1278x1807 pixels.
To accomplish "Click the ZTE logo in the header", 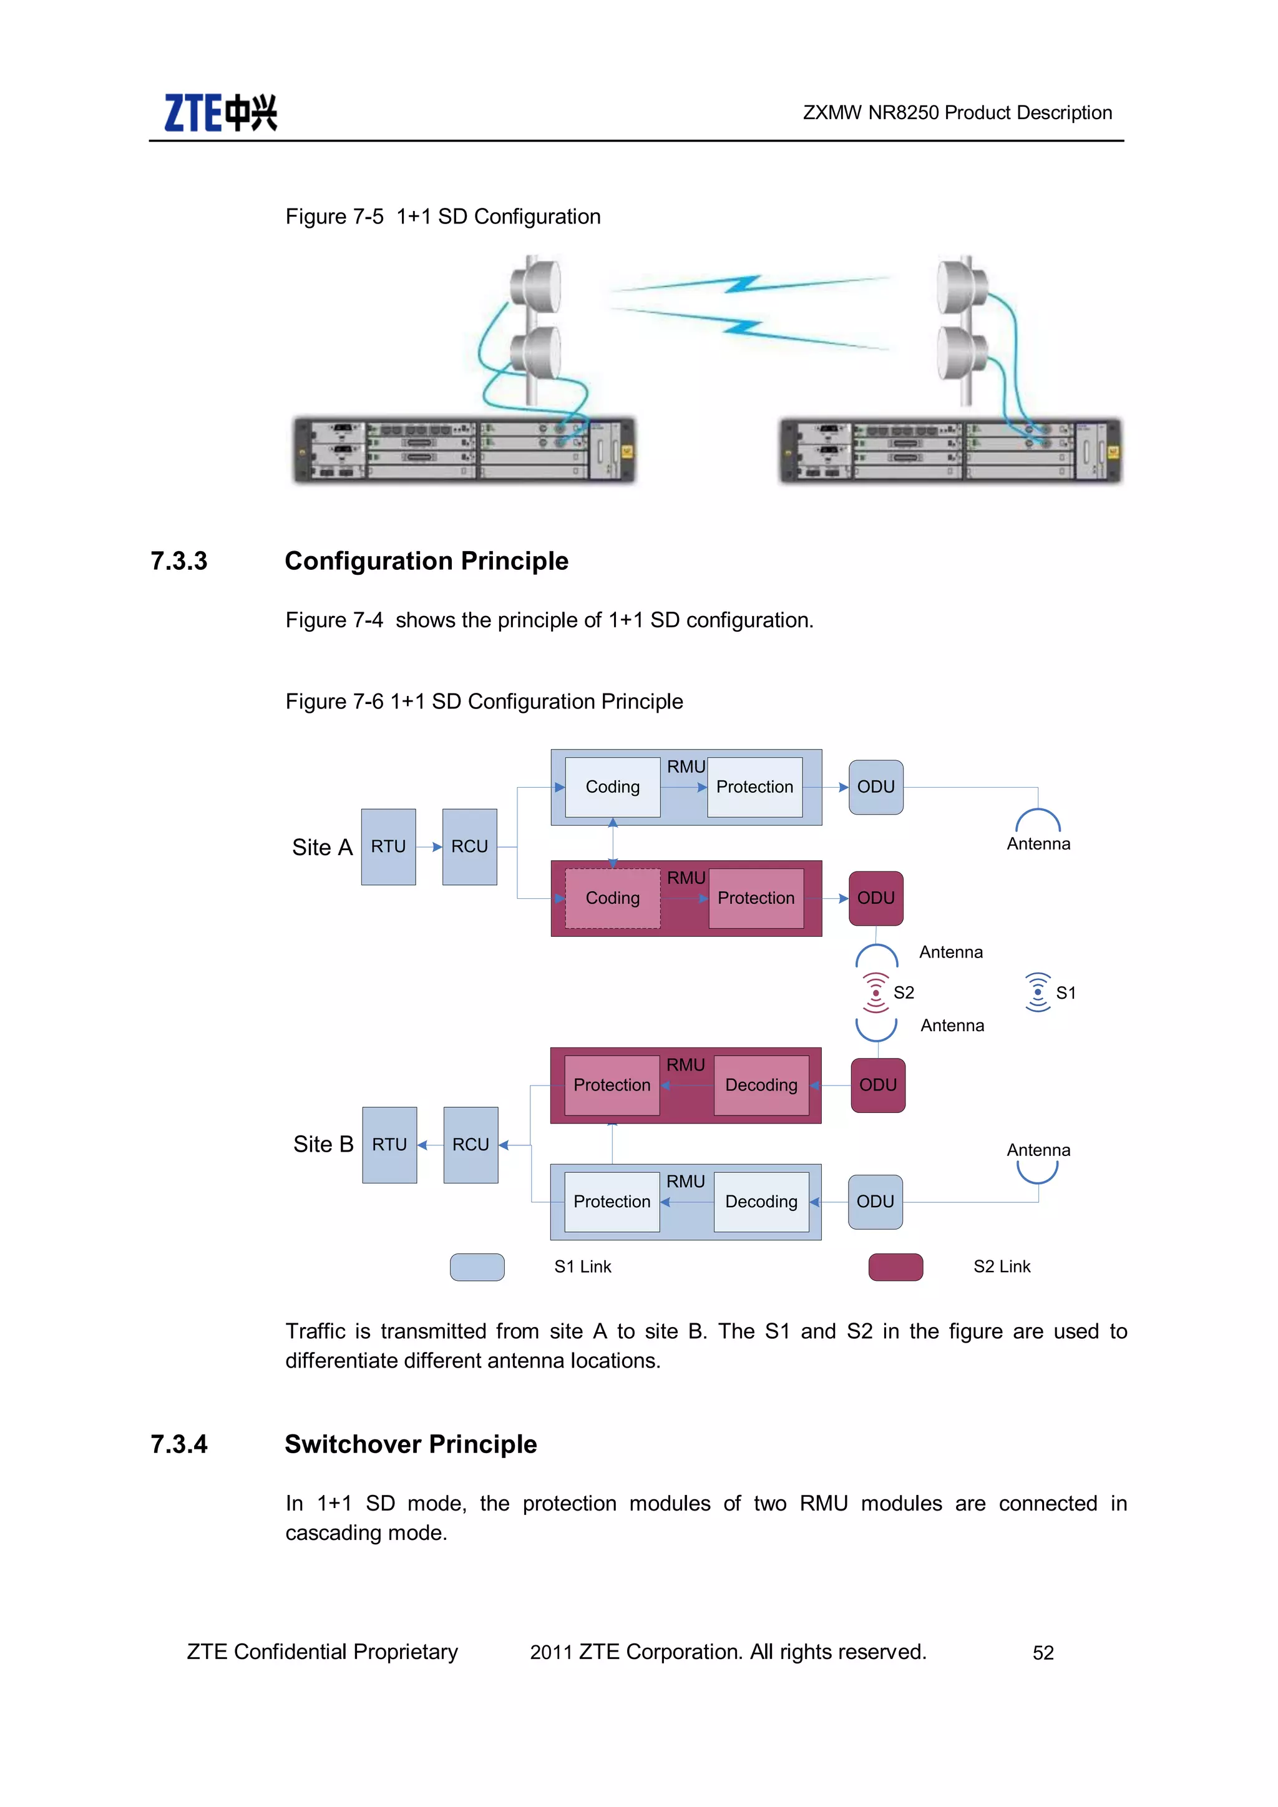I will (x=220, y=112).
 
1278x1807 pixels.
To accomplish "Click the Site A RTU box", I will (x=388, y=847).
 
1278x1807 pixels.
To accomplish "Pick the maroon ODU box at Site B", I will (x=877, y=1085).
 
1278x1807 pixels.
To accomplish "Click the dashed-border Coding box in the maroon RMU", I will (x=612, y=898).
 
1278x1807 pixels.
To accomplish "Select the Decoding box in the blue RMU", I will (x=761, y=1202).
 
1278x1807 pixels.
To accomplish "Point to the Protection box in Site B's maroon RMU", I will (x=612, y=1085).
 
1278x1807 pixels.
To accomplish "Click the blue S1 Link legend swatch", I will (x=477, y=1266).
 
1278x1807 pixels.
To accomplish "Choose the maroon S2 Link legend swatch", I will (x=895, y=1266).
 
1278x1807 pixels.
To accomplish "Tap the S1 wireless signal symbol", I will (x=1038, y=992).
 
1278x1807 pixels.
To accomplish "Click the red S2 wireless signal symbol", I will (x=875, y=992).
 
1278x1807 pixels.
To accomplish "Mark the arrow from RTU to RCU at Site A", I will (x=429, y=847).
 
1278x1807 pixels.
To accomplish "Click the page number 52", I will (x=1043, y=1653).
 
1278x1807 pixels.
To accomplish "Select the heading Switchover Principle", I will (x=411, y=1444).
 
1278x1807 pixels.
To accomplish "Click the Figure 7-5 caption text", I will (x=442, y=217).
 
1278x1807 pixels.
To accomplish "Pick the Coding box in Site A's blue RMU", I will (x=612, y=787).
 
